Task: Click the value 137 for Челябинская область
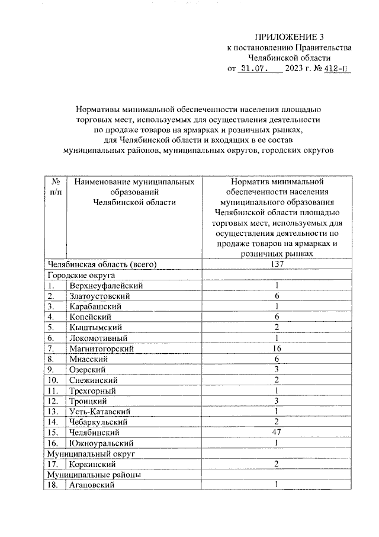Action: [276, 264]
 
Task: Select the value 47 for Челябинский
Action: [276, 432]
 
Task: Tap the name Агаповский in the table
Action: [92, 485]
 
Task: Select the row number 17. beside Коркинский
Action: [54, 464]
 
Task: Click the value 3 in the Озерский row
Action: [276, 369]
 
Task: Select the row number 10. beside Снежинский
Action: [54, 380]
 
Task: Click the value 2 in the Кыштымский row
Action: [276, 327]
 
